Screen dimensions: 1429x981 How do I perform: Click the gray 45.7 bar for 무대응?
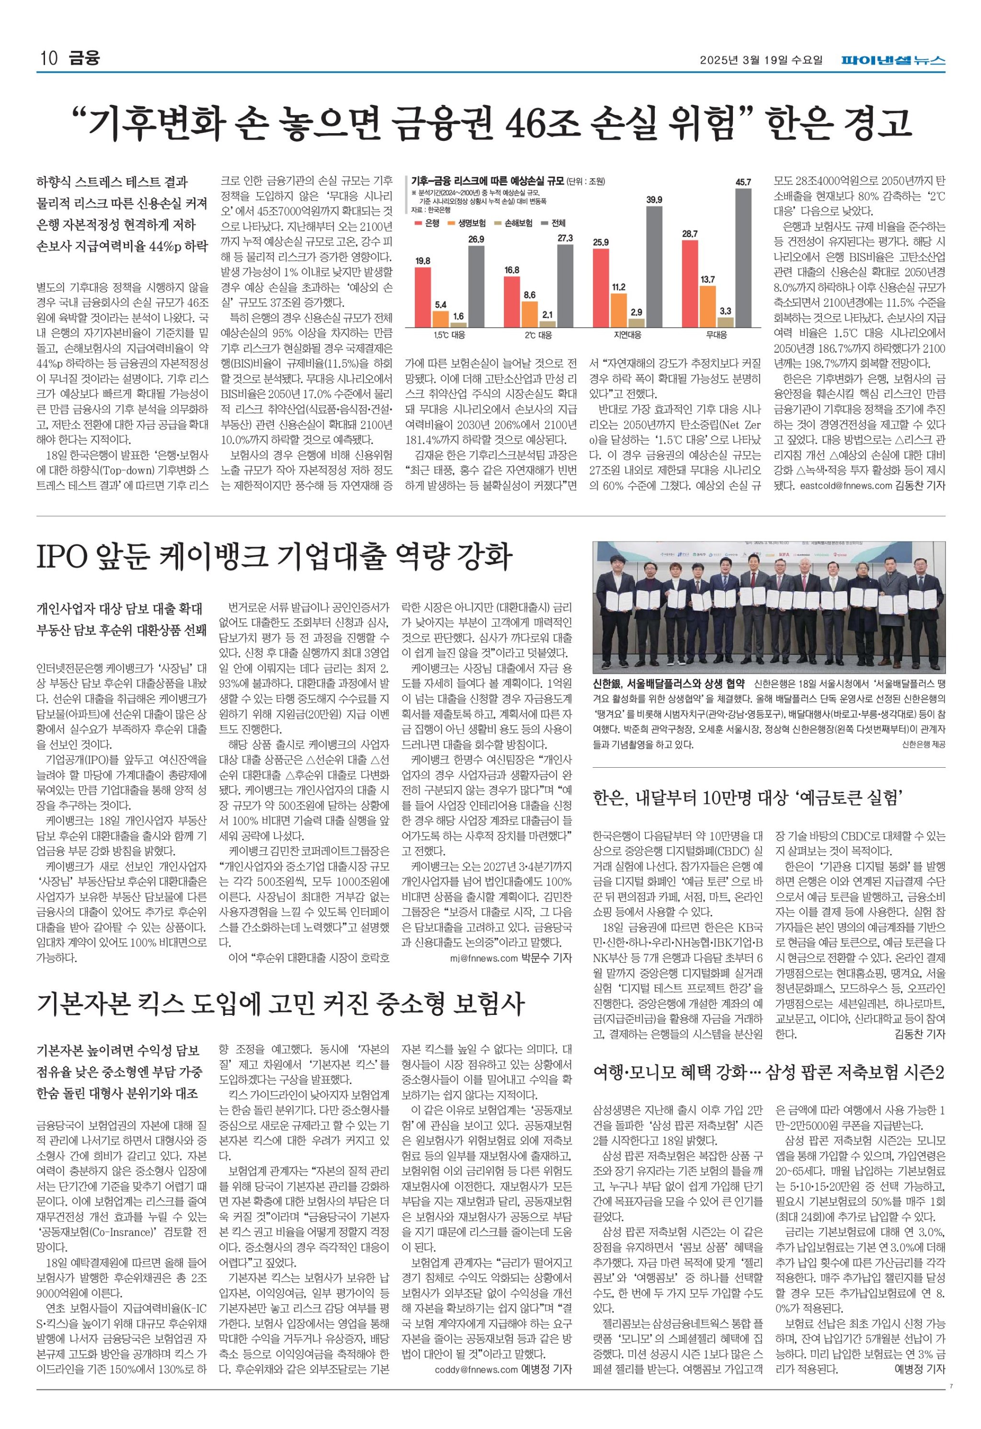tap(742, 258)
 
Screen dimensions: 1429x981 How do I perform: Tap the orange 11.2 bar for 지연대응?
tap(618, 310)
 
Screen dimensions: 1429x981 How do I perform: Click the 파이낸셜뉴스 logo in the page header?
tap(893, 60)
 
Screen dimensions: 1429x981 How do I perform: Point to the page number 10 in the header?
tap(48, 59)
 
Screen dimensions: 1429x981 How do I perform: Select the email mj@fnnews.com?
tap(484, 957)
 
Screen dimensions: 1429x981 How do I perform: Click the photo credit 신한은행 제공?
tap(923, 745)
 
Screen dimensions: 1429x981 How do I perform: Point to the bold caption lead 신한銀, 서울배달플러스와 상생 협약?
tap(668, 683)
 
